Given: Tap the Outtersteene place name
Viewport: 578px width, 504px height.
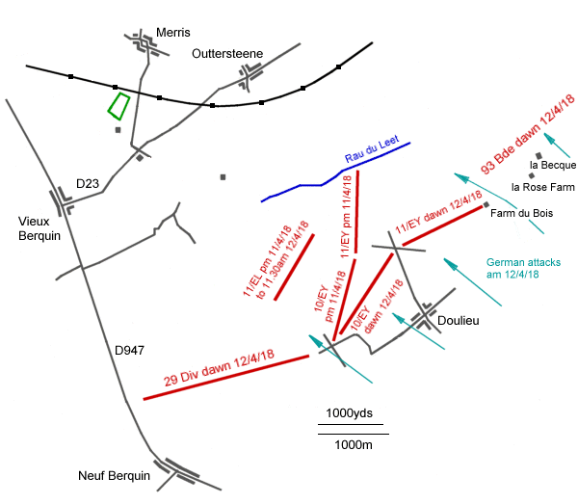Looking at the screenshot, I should pyautogui.click(x=226, y=53).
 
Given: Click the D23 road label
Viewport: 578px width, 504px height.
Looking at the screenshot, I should pyautogui.click(x=89, y=183).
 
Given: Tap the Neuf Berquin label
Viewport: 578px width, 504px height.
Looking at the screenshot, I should pyautogui.click(x=115, y=476).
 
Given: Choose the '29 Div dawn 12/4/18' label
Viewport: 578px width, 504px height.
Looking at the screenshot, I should pyautogui.click(x=220, y=368).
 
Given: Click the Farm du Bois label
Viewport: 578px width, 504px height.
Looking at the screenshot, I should pyautogui.click(x=521, y=213).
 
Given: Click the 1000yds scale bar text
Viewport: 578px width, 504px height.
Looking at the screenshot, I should pyautogui.click(x=349, y=413).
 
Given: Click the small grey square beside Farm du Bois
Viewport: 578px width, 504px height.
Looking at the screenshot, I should pyautogui.click(x=486, y=204).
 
